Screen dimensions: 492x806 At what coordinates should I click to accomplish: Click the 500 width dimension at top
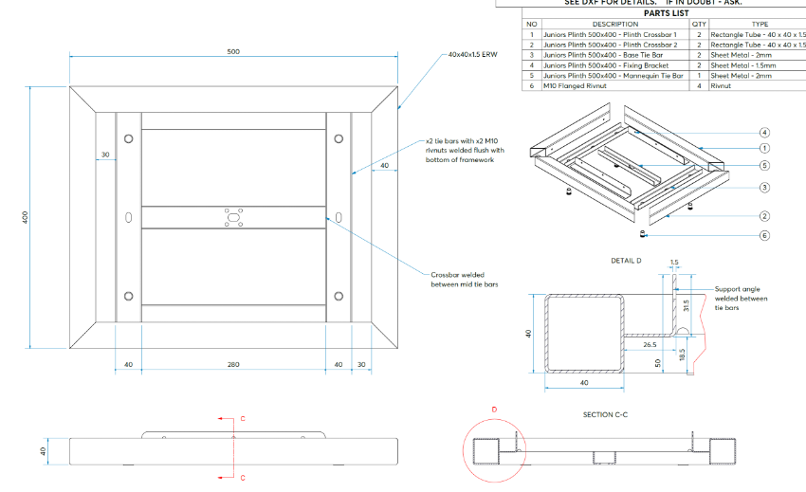coord(233,51)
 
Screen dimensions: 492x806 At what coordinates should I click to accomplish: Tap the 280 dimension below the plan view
coord(233,364)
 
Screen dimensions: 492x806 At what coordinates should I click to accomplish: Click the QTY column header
coord(700,24)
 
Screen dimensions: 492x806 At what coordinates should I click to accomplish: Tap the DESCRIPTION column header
coord(614,24)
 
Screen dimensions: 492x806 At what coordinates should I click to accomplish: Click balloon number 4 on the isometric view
coord(763,133)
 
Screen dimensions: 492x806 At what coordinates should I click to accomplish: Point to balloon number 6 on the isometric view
coord(763,235)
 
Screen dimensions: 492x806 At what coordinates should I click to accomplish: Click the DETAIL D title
coord(627,260)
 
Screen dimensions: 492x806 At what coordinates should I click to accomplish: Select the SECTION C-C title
coord(607,414)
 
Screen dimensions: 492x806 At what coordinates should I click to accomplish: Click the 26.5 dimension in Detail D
coord(649,346)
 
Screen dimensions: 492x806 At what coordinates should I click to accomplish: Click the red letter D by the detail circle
coord(494,410)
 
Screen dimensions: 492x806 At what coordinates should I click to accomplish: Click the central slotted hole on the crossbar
coord(233,219)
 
